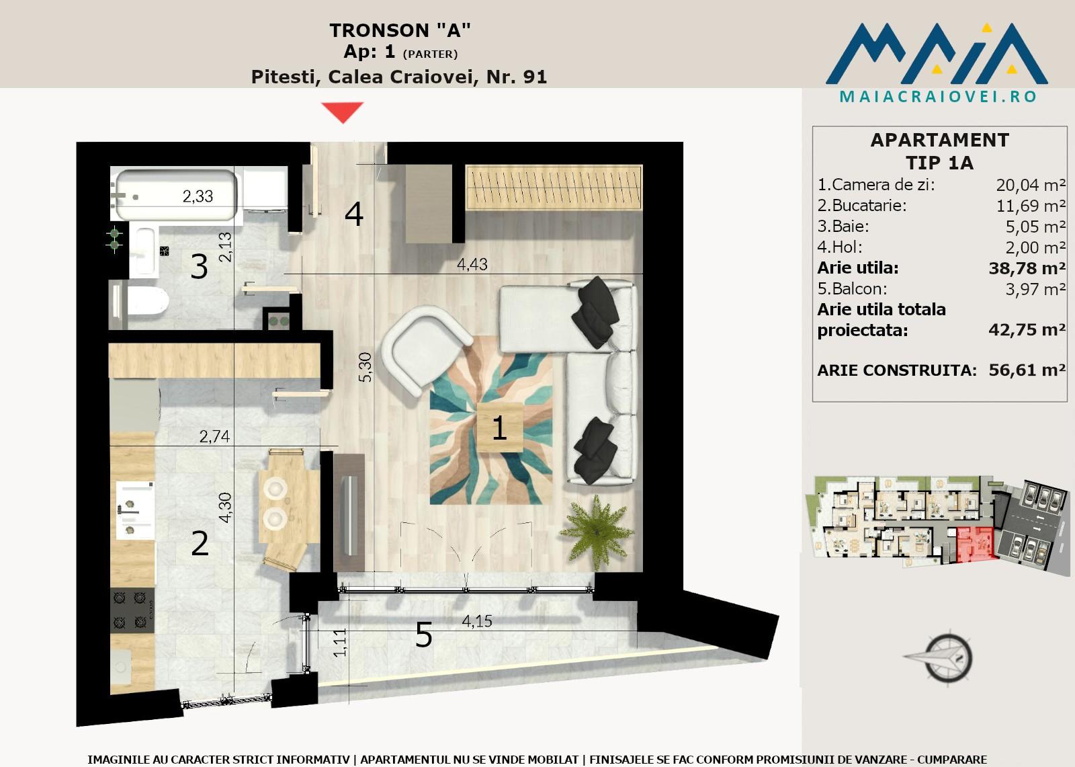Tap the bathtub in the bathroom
175,195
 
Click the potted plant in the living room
597,529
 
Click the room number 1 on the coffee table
499,428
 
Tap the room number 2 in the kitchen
200,543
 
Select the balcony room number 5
424,635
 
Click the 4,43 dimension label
472,264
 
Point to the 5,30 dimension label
365,367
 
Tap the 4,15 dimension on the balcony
477,621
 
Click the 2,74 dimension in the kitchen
214,436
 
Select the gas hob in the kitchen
132,610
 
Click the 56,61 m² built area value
1027,370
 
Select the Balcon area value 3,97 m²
1035,289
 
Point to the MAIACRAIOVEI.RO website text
938,97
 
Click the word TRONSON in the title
379,30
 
